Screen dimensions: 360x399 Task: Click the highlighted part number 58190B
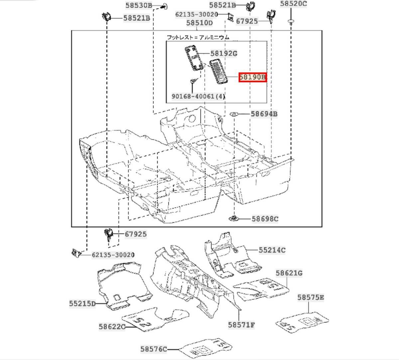click(x=253, y=78)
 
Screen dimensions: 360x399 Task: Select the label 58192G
click(x=223, y=54)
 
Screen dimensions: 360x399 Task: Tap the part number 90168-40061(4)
click(x=198, y=96)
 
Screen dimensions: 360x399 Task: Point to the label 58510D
click(x=199, y=23)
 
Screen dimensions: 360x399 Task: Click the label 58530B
click(x=139, y=5)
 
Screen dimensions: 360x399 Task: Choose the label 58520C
click(x=293, y=4)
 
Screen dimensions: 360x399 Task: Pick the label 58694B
click(x=264, y=114)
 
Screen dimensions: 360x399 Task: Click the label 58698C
click(x=265, y=219)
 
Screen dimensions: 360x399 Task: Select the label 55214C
click(x=272, y=250)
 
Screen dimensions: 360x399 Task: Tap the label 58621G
click(x=289, y=273)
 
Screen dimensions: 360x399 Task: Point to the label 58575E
click(x=311, y=297)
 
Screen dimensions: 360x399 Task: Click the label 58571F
click(x=241, y=324)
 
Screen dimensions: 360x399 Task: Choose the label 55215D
click(x=82, y=303)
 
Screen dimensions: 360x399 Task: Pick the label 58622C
click(x=112, y=326)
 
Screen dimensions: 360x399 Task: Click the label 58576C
click(x=153, y=349)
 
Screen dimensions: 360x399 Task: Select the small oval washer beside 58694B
click(x=234, y=114)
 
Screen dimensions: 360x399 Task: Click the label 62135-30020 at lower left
click(x=113, y=255)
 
